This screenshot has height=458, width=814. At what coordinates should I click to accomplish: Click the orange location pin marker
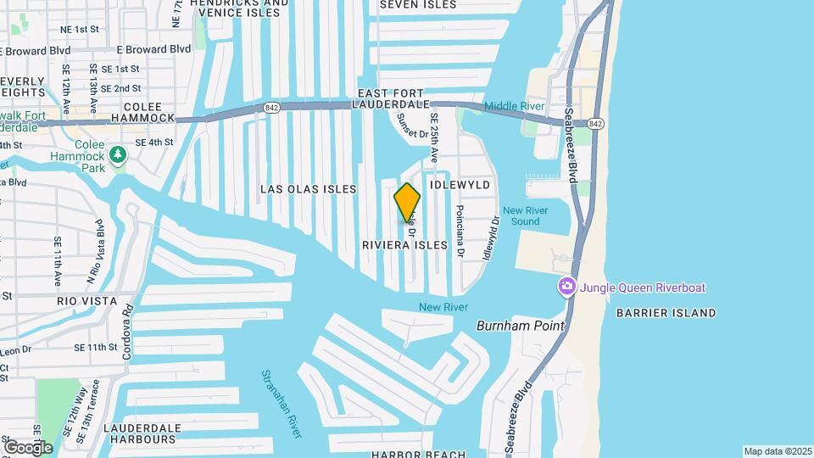click(x=407, y=202)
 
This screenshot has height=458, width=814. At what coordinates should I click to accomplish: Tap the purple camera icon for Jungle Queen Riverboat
click(x=566, y=288)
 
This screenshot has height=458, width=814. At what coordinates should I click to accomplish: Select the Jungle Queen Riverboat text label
click(x=643, y=288)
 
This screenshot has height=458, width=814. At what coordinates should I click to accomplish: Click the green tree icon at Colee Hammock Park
click(x=119, y=154)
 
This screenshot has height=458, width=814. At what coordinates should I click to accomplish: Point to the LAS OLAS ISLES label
click(x=309, y=189)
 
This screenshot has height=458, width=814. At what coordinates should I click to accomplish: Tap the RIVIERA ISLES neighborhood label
click(x=404, y=245)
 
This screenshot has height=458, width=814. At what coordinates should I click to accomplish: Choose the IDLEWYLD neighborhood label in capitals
click(x=461, y=183)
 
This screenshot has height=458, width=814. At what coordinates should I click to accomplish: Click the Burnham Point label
click(x=513, y=325)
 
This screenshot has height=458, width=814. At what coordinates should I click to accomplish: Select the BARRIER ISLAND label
click(x=677, y=313)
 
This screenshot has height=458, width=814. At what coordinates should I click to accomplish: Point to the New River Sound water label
click(x=521, y=215)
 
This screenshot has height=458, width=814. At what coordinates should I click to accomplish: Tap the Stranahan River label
click(x=281, y=404)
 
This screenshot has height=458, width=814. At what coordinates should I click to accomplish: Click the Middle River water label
click(x=514, y=106)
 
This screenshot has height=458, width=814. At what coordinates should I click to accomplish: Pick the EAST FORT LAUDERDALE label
click(x=405, y=98)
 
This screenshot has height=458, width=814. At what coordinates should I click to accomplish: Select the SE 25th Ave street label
click(x=433, y=138)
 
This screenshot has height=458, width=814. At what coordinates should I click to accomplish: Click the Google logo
click(x=27, y=447)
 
